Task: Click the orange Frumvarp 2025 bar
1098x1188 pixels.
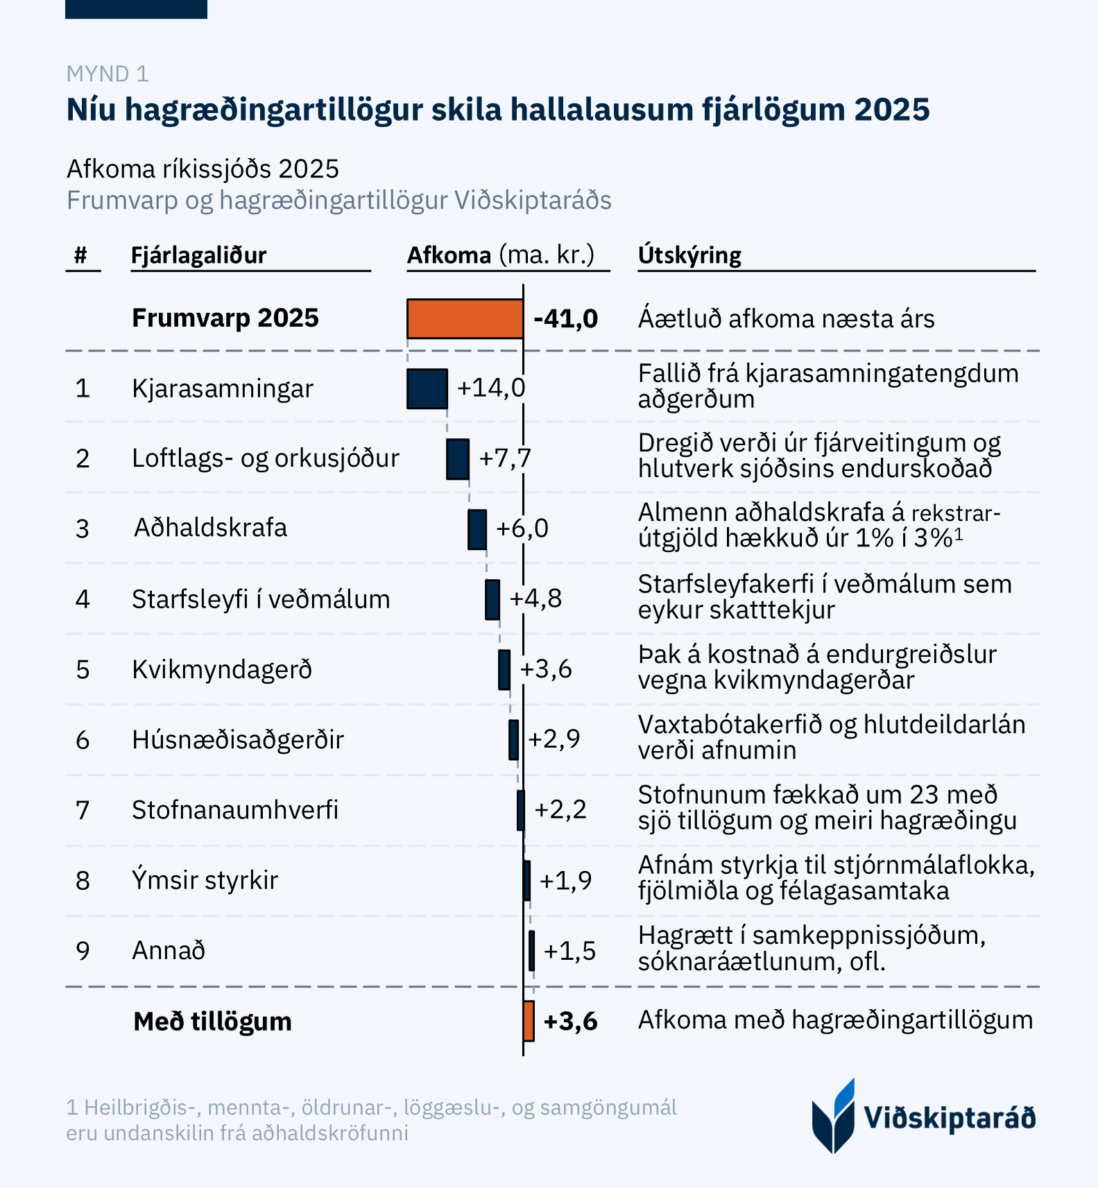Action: pos(465,318)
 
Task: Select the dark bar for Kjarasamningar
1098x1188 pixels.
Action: pos(427,388)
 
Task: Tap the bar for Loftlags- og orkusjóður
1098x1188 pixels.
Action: pos(458,458)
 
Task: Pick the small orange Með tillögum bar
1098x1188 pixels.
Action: pos(529,1021)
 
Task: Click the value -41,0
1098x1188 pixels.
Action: pos(565,319)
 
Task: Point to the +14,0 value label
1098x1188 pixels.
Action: pos(491,388)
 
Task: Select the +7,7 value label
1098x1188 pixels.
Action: pos(505,458)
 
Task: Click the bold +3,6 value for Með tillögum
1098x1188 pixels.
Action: pos(570,1022)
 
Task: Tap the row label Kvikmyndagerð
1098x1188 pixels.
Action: pos(222,670)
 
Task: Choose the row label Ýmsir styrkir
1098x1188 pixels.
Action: pos(205,880)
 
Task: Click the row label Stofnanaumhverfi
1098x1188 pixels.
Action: pos(235,810)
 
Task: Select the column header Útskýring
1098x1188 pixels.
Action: pos(689,255)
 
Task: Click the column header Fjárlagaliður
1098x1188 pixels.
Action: pos(198,255)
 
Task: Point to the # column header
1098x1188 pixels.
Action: pos(81,255)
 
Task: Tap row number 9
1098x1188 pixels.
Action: pos(83,951)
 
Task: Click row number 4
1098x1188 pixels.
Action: pos(83,599)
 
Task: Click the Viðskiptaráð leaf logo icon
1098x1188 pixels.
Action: pos(834,1116)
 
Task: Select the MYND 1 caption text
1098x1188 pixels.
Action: pos(108,74)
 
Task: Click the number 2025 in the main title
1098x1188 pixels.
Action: pos(891,110)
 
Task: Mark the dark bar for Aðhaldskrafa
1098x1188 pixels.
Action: pos(477,529)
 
